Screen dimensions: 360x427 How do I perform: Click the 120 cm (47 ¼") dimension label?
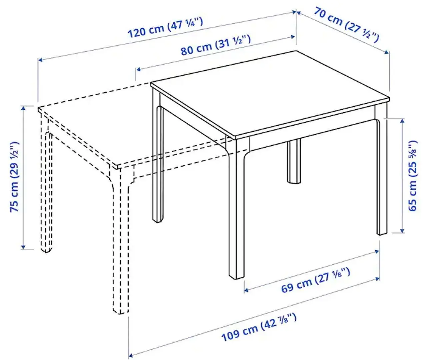(165, 28)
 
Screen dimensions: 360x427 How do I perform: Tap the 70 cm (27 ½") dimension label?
(346, 25)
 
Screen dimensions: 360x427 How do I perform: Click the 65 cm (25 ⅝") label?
(413, 176)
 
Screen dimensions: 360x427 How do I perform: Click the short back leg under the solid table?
(294, 162)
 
